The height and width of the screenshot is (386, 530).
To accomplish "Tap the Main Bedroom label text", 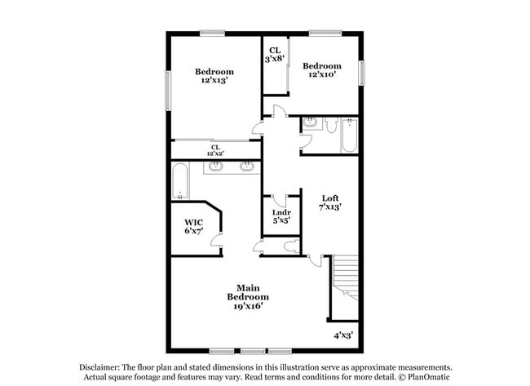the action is click(248, 292).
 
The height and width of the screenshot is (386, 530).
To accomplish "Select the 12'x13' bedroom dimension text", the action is click(214, 81).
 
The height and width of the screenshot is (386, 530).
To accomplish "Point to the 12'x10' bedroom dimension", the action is click(322, 74).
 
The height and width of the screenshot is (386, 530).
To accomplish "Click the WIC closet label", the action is click(194, 222).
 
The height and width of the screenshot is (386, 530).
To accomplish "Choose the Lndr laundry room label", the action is click(281, 212).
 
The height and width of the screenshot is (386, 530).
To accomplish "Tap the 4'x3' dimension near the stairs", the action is click(343, 335).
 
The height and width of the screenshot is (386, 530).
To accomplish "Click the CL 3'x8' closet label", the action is click(275, 55).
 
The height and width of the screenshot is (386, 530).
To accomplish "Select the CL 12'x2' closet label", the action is click(215, 150).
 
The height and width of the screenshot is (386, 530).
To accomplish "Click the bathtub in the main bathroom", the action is click(180, 181).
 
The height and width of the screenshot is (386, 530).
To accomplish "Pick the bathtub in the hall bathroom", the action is click(349, 135).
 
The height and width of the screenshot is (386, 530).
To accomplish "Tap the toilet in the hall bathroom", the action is click(331, 125).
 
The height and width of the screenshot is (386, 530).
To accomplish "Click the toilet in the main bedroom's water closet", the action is click(292, 246).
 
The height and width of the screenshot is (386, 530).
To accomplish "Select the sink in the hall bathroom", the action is click(310, 122).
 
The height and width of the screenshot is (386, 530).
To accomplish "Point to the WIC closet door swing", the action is click(215, 240).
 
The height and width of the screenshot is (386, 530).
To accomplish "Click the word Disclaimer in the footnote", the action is click(99, 367).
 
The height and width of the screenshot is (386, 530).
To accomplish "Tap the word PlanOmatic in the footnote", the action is click(428, 376).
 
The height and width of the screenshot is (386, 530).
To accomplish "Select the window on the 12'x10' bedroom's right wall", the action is click(362, 73).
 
